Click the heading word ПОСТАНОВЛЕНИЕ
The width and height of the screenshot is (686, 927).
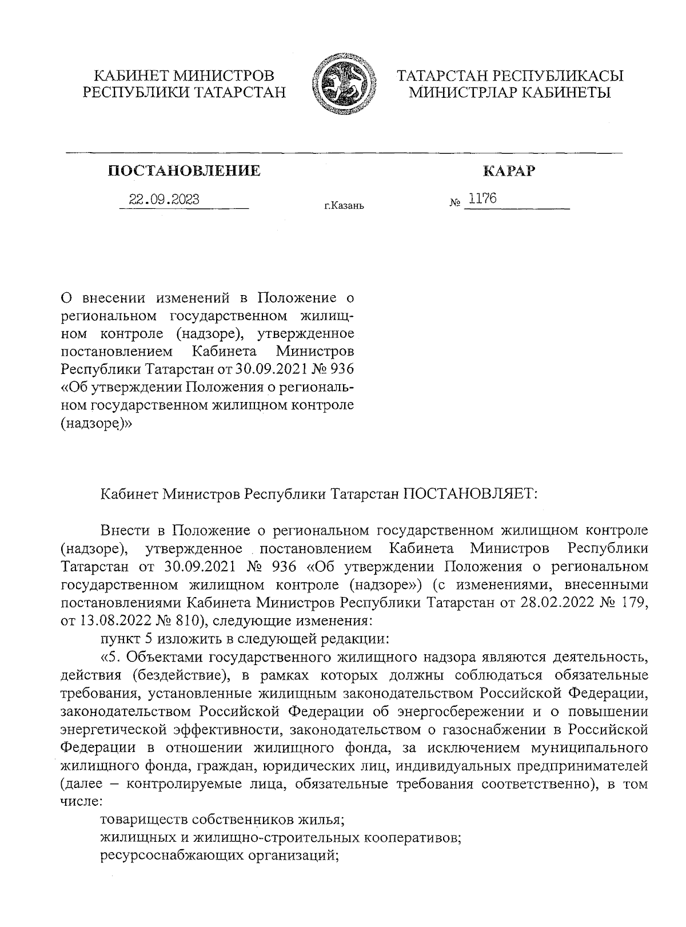pyautogui.click(x=184, y=170)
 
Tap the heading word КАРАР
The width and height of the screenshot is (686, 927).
pyautogui.click(x=508, y=170)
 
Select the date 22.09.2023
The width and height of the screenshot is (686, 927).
pyautogui.click(x=164, y=200)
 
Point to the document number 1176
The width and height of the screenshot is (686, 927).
pyautogui.click(x=482, y=199)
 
